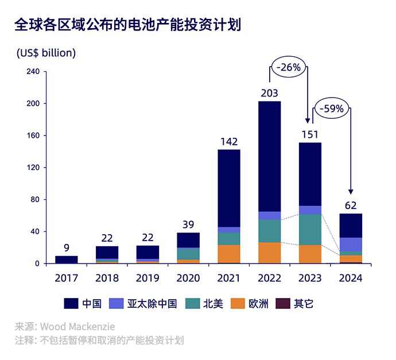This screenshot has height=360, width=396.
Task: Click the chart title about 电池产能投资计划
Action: click(127, 25)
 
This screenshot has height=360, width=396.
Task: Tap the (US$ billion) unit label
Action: click(46, 53)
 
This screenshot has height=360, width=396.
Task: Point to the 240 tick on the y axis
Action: click(33, 72)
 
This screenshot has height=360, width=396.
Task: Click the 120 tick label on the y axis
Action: click(33, 168)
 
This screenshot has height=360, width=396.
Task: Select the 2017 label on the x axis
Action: click(67, 278)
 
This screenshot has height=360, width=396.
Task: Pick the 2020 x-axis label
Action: click(188, 278)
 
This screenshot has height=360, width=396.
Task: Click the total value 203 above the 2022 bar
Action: click(269, 93)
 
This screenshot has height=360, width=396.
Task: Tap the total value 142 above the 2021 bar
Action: click(228, 141)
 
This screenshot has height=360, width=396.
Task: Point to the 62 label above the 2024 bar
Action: click(351, 205)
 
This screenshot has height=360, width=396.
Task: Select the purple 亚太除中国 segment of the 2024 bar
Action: click(351, 244)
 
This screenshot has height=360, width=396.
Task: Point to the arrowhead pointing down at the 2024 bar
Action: click(351, 191)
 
